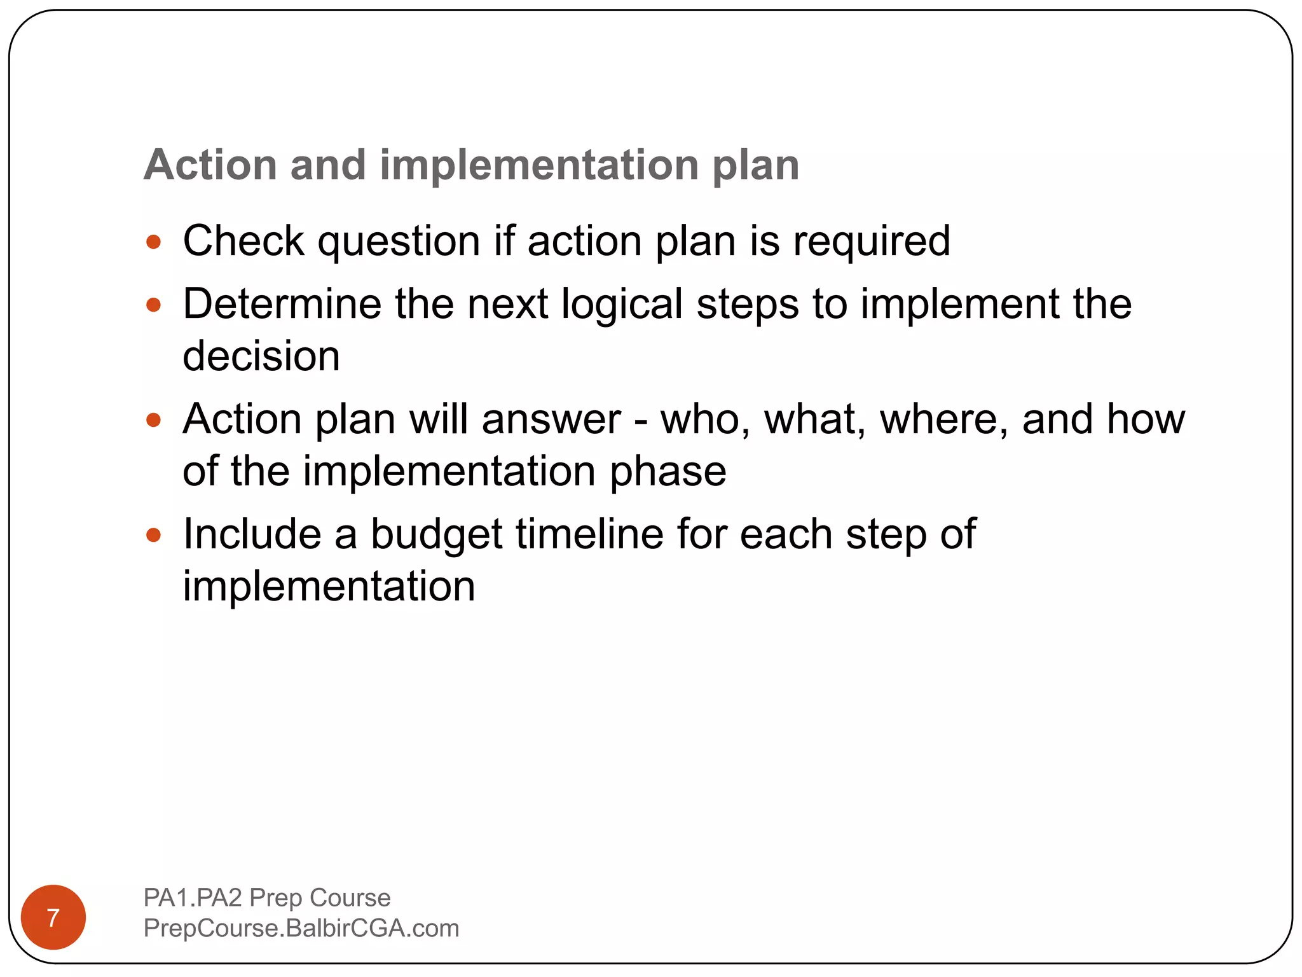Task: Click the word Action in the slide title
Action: coord(210,165)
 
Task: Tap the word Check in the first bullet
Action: coord(243,241)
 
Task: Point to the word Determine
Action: coord(282,303)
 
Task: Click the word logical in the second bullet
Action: coord(622,305)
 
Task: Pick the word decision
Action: coord(261,356)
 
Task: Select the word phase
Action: coord(668,472)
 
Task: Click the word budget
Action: coord(437,534)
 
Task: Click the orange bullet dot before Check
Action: coord(153,242)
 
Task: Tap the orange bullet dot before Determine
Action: coord(153,305)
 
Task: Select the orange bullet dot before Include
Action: coord(153,534)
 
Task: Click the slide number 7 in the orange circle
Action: coord(53,918)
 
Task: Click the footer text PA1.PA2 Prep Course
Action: coord(267,897)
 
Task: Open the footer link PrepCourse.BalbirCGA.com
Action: coord(301,928)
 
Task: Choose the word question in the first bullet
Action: coord(399,242)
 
